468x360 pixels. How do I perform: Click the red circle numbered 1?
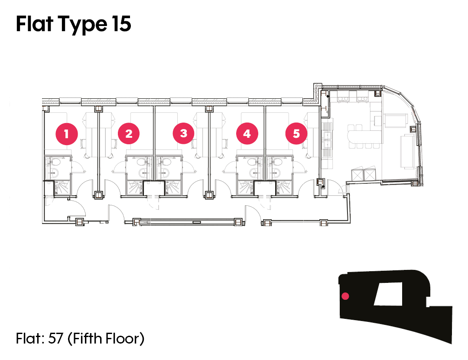[67, 134]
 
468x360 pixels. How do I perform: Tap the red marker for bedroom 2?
[129, 133]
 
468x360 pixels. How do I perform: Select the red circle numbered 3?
[184, 133]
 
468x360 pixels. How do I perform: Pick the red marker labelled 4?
[247, 133]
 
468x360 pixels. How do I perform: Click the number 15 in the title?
[122, 24]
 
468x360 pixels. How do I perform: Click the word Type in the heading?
[82, 25]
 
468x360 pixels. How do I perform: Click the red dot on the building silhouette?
[345, 296]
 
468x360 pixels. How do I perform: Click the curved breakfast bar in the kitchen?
[364, 136]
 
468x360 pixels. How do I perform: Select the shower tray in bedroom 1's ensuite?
[62, 188]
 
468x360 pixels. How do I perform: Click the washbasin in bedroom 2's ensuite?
[143, 172]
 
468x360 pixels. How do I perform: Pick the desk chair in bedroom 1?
[84, 143]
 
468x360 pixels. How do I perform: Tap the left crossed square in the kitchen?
[357, 174]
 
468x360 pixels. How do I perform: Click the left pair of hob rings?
[343, 97]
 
